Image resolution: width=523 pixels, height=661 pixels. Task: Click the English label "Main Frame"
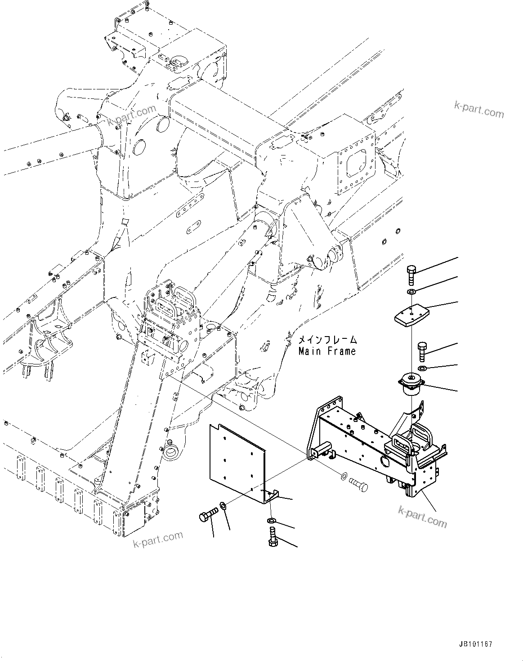[327, 351]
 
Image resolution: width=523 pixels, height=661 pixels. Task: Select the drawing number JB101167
[476, 643]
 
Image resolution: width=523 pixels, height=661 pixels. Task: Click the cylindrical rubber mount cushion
[411, 385]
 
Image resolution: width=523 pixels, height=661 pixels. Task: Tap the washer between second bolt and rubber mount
[422, 368]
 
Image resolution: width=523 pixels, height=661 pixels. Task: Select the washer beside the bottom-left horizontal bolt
[224, 507]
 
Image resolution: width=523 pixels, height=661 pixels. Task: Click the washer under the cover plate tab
[272, 520]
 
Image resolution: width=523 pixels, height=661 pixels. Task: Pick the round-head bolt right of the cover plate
[358, 486]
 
